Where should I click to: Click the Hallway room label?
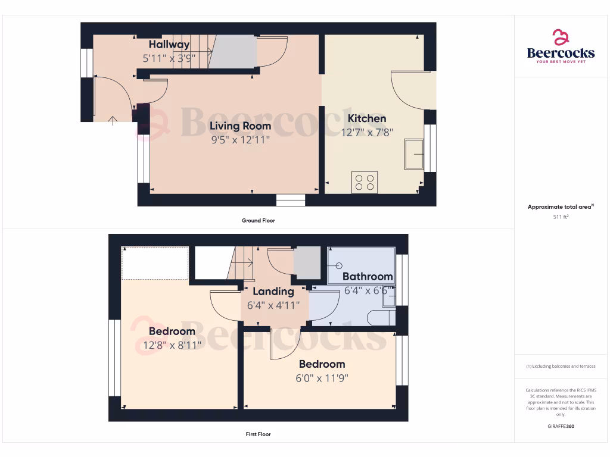tap(169, 45)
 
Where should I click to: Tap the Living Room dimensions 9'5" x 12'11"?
tap(240, 140)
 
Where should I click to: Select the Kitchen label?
tap(367, 118)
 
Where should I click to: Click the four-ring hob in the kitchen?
tap(365, 181)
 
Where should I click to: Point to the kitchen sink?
tap(413, 154)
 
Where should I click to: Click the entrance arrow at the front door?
tap(113, 121)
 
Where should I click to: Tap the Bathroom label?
tap(368, 276)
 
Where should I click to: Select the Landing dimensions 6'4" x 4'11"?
tap(273, 305)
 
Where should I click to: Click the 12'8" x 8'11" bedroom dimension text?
tap(172, 345)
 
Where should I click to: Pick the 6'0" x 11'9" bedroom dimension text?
tap(322, 377)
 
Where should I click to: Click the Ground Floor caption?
tap(258, 221)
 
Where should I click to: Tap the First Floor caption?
tap(258, 434)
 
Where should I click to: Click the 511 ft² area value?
tap(561, 217)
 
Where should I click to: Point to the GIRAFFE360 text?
tap(561, 426)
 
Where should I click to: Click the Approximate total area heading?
tap(561, 207)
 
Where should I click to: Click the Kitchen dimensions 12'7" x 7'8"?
tap(367, 132)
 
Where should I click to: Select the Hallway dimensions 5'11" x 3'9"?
tap(169, 58)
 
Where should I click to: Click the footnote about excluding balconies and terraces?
tap(561, 366)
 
